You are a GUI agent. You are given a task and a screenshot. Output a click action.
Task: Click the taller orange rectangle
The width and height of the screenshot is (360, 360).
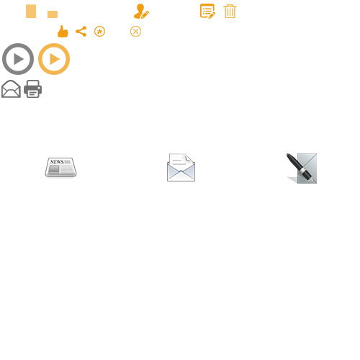coord(31,12)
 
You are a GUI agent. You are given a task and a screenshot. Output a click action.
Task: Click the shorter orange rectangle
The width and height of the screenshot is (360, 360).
coord(53,14)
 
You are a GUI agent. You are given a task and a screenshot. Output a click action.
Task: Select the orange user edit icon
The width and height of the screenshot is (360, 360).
coord(141,12)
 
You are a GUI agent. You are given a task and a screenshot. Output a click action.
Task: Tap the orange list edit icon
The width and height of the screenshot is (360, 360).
coord(207,11)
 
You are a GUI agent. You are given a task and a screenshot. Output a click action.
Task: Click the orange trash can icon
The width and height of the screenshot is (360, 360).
coord(230,12)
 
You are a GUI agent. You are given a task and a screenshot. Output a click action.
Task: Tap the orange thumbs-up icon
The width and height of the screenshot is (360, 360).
coord(63,32)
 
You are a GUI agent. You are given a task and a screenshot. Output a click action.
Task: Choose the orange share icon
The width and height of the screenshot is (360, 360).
coord(81,32)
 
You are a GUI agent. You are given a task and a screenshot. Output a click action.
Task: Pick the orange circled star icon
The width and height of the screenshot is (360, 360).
coord(99,32)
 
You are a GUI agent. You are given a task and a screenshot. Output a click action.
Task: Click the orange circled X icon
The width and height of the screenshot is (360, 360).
coord(135,32)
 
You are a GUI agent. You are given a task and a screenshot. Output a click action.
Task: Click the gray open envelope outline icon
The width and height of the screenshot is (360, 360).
coord(11,89)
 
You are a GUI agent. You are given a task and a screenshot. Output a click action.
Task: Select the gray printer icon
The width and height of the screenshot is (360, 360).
coord(33,89)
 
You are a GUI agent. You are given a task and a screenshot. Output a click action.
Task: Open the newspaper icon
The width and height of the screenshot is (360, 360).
coord(60,168)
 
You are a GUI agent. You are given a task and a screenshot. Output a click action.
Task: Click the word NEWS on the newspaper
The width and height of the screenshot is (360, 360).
coord(57,162)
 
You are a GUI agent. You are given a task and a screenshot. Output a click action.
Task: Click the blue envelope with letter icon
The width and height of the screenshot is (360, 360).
coord(181,168)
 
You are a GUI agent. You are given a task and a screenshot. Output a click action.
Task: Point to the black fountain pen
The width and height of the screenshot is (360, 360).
coord(300,168)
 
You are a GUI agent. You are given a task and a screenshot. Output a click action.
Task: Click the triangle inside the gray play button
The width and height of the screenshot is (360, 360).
coord(19,59)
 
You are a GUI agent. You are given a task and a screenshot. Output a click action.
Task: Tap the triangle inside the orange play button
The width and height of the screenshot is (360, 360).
coord(55,59)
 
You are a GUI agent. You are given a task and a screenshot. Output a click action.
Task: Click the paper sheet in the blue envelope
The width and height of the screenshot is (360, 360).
coord(181,163)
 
